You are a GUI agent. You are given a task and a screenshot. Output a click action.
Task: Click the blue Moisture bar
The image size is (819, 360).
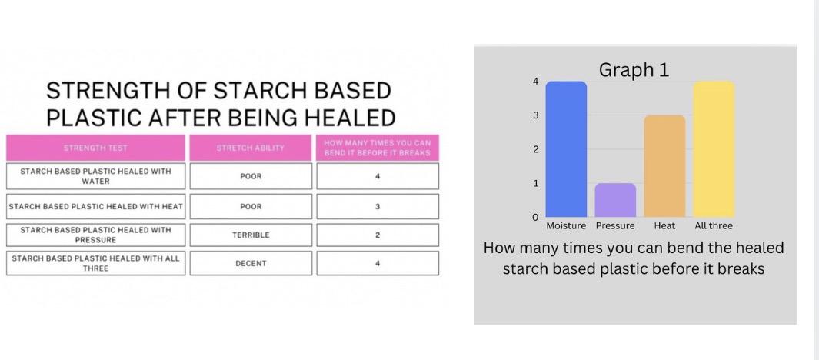pyautogui.click(x=566, y=149)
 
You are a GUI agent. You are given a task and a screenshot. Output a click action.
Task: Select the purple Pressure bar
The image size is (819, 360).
pyautogui.click(x=615, y=200)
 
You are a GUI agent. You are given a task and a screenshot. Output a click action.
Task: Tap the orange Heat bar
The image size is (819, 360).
pyautogui.click(x=664, y=166)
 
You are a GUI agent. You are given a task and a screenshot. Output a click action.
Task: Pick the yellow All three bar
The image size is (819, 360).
pyautogui.click(x=714, y=149)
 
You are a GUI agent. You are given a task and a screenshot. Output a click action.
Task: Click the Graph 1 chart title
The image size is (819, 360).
pyautogui.click(x=634, y=70)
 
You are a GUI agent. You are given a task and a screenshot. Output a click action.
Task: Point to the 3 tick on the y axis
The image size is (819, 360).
pyautogui.click(x=535, y=115)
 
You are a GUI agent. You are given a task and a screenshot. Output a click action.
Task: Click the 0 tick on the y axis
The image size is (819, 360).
pyautogui.click(x=535, y=218)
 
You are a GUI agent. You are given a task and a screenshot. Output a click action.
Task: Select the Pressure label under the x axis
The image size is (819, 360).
pyautogui.click(x=615, y=225)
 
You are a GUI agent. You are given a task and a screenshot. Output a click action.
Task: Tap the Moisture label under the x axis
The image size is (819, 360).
pyautogui.click(x=566, y=225)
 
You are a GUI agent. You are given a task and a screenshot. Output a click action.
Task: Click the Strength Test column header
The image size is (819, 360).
pyautogui.click(x=95, y=148)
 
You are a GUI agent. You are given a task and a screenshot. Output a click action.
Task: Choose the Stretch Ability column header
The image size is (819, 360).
pyautogui.click(x=251, y=148)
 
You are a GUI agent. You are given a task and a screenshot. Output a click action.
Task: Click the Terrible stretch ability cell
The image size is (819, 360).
pyautogui.click(x=251, y=235)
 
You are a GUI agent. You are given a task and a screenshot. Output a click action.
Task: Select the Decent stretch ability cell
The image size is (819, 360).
pyautogui.click(x=251, y=263)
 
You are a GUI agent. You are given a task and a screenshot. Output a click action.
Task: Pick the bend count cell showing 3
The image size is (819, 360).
pyautogui.click(x=378, y=207)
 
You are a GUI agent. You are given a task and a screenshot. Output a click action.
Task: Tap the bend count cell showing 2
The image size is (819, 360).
pyautogui.click(x=378, y=235)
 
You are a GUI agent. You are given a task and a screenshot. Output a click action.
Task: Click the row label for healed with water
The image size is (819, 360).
pyautogui.click(x=95, y=176)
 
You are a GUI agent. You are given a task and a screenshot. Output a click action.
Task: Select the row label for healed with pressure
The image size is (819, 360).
pyautogui.click(x=95, y=235)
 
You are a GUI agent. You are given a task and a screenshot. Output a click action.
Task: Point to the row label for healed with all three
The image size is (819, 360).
pyautogui.click(x=95, y=263)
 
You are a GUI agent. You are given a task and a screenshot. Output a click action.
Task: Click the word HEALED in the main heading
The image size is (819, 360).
pyautogui.click(x=350, y=118)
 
